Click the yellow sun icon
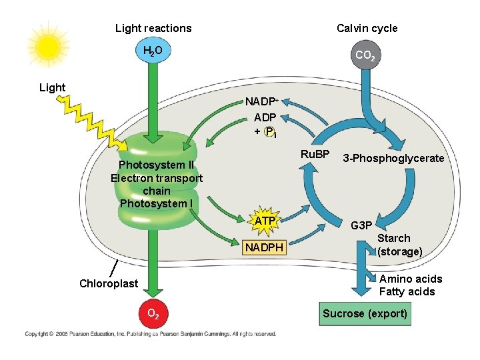48,47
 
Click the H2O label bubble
153,51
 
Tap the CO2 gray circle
365,56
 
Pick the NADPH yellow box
264,248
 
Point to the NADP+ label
261,102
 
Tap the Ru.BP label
315,155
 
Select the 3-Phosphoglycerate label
393,159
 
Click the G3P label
361,225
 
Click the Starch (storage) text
399,245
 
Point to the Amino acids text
410,279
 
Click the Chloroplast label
109,283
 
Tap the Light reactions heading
153,28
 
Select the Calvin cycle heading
367,28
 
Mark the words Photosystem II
156,165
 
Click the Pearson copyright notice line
150,334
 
